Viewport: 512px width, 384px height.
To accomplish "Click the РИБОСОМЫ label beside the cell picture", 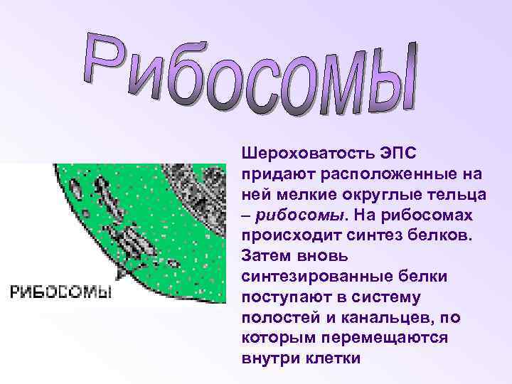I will pos(60,292).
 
